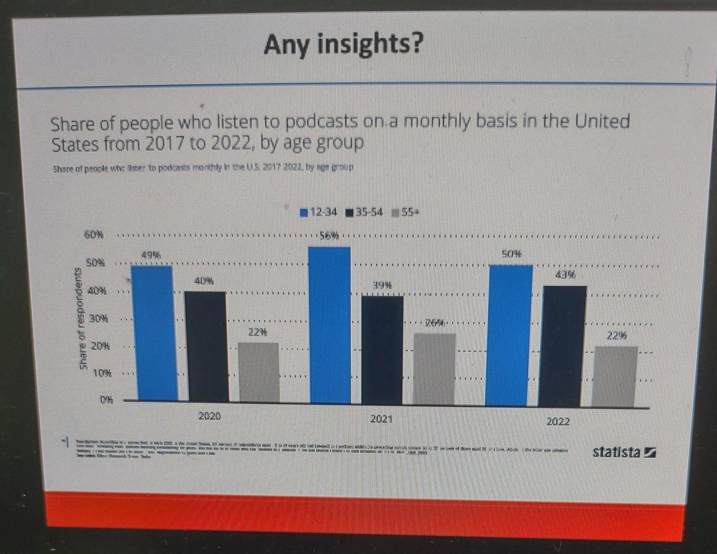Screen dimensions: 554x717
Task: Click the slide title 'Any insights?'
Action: (344, 44)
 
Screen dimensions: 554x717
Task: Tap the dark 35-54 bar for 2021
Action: (382, 350)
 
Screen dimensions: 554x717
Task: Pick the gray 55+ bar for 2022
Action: (615, 376)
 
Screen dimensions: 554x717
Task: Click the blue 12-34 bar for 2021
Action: (330, 325)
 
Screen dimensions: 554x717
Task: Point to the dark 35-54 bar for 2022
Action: (562, 346)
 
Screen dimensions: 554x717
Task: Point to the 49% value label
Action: (152, 256)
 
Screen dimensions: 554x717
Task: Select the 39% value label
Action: (382, 286)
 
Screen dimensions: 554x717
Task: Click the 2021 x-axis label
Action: (381, 418)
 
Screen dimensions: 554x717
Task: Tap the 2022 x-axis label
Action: (558, 421)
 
